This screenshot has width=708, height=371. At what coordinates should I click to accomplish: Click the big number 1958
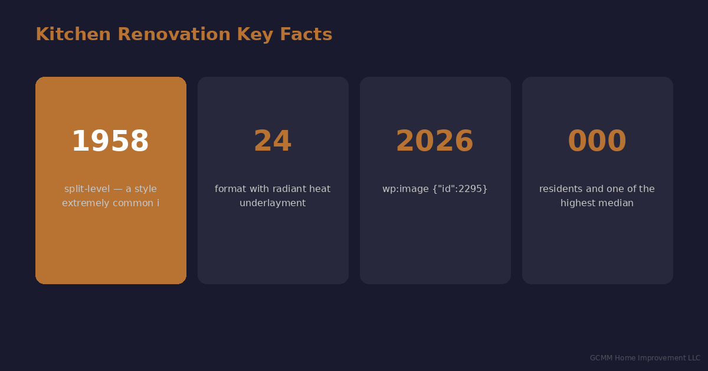(x=110, y=142)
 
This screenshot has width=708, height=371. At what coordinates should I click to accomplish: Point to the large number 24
(x=273, y=142)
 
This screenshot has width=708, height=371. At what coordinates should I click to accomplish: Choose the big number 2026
(x=435, y=142)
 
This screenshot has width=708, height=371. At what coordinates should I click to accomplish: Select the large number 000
(x=597, y=142)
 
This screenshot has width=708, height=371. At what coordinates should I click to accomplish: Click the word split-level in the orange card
(x=86, y=189)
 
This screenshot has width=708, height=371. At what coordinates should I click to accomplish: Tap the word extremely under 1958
(x=85, y=203)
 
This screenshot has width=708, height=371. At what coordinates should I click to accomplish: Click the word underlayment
(x=273, y=203)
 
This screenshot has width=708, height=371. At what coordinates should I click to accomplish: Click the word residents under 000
(x=561, y=189)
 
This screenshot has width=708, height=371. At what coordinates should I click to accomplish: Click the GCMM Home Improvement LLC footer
(x=645, y=358)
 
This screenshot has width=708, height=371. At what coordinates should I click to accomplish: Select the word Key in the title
(x=255, y=35)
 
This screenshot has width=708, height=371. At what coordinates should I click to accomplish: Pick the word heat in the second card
(x=320, y=189)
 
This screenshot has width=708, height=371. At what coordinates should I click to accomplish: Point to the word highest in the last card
(x=579, y=203)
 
